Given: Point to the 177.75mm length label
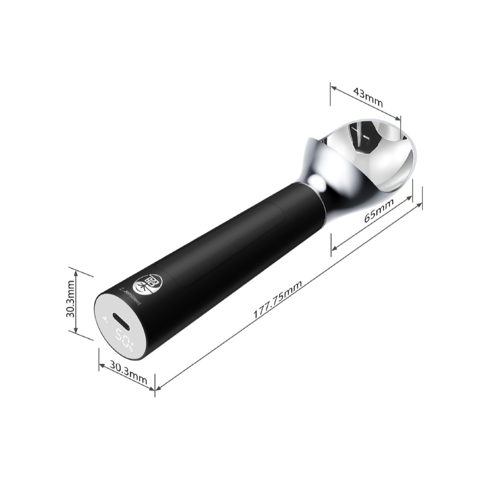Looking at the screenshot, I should [x=278, y=300].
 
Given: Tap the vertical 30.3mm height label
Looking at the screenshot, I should [x=71, y=301].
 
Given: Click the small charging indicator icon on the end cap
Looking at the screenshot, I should [x=105, y=318].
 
